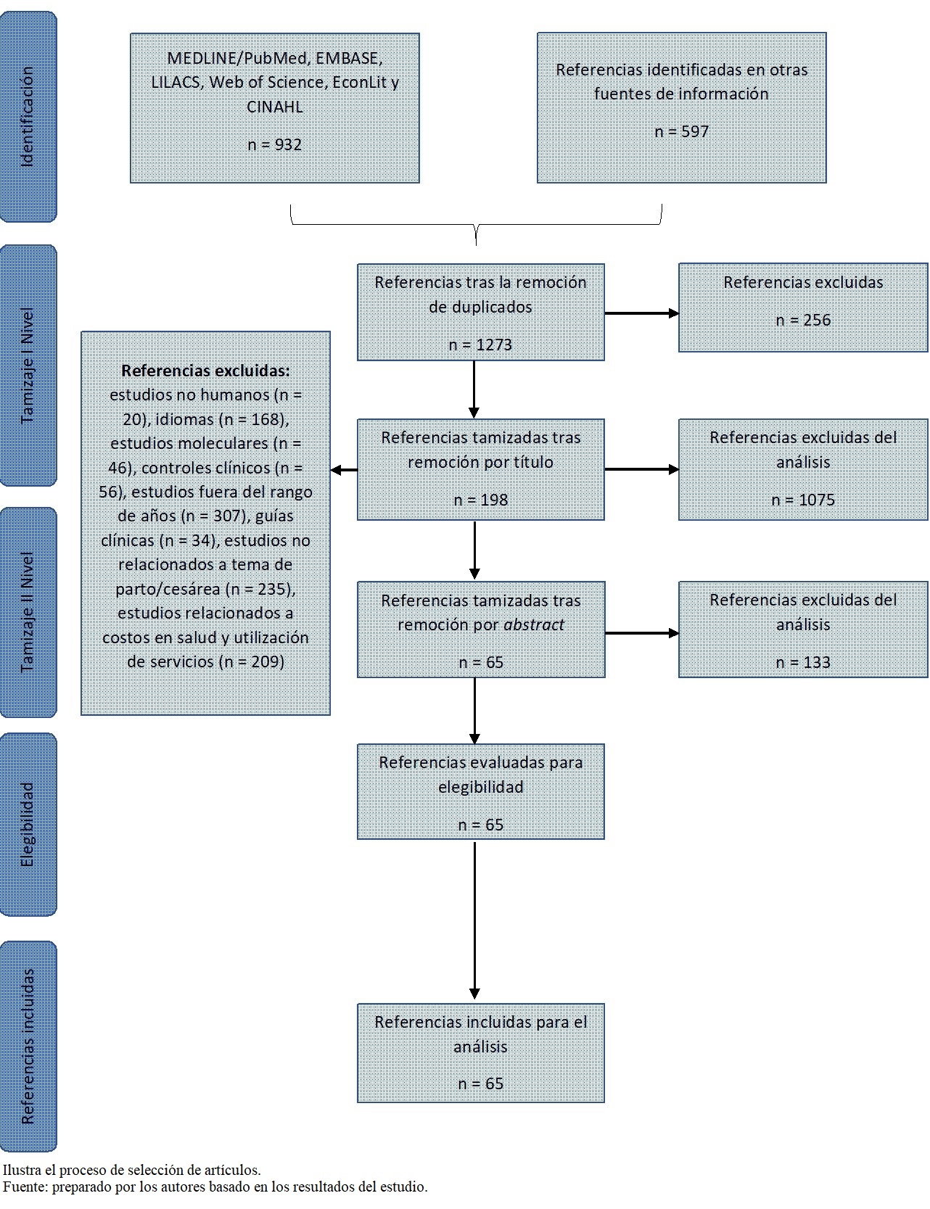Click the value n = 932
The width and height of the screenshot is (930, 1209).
pyautogui.click(x=274, y=144)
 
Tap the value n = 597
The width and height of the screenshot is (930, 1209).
pyautogui.click(x=681, y=131)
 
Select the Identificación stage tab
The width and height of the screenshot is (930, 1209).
pyautogui.click(x=28, y=116)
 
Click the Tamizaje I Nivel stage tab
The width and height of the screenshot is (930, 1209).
pyautogui.click(x=28, y=366)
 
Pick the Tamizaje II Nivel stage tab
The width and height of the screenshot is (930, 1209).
pyautogui.click(x=28, y=612)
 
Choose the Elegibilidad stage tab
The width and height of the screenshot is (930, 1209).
pyautogui.click(x=28, y=824)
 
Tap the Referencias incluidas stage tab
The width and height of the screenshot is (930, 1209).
pyautogui.click(x=28, y=1047)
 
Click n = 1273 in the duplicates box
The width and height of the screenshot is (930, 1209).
pyautogui.click(x=480, y=344)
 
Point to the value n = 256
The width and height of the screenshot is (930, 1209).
pyautogui.click(x=803, y=320)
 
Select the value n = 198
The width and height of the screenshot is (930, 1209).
pyautogui.click(x=480, y=500)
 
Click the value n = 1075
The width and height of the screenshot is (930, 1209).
pyautogui.click(x=803, y=500)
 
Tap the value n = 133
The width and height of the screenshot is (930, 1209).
pyautogui.click(x=803, y=662)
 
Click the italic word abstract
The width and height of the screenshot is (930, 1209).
pyautogui.click(x=534, y=624)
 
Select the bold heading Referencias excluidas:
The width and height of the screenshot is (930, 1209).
pyautogui.click(x=205, y=371)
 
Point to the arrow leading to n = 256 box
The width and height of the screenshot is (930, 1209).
pyautogui.click(x=641, y=313)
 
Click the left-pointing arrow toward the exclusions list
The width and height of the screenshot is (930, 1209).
pyautogui.click(x=344, y=470)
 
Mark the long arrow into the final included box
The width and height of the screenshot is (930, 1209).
pyautogui.click(x=474, y=921)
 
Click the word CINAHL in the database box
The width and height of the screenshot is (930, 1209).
pyautogui.click(x=274, y=107)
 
